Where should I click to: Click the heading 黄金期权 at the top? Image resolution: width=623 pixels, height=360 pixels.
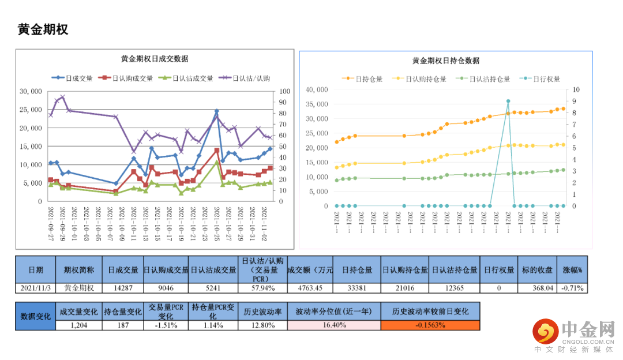click(x=43, y=29)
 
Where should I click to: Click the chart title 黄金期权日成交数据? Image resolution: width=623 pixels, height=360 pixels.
click(x=154, y=59)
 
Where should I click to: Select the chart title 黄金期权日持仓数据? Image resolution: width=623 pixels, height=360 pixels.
click(x=445, y=61)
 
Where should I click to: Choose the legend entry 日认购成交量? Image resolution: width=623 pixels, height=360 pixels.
click(x=126, y=78)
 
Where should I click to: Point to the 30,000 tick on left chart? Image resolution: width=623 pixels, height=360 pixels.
click(x=31, y=91)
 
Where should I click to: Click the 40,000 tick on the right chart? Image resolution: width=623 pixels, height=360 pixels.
click(x=317, y=89)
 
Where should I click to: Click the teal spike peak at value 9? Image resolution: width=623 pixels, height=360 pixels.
click(x=508, y=101)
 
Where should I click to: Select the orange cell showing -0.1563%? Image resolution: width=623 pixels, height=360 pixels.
click(x=430, y=325)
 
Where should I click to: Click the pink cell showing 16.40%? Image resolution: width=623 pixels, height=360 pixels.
click(x=333, y=325)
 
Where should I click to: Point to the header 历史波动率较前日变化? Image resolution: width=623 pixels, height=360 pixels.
click(x=430, y=312)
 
